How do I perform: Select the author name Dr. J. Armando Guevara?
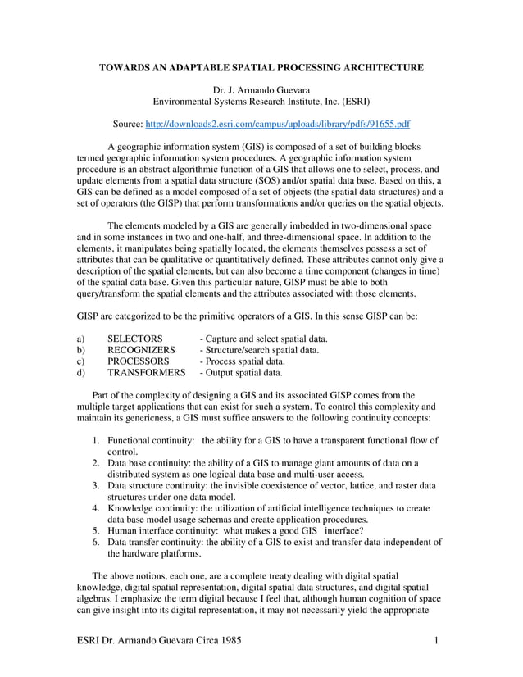[x=261, y=89]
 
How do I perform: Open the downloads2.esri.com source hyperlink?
[x=277, y=124]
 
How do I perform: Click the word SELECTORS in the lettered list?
[x=134, y=338]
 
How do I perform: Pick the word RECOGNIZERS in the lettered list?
[x=141, y=350]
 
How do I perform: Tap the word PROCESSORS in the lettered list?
[x=139, y=361]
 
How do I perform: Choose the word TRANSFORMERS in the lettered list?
[x=147, y=372]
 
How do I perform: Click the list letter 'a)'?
[x=81, y=338]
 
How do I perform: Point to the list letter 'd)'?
[x=81, y=372]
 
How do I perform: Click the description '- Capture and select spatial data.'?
[x=264, y=338]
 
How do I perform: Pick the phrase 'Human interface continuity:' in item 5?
[x=166, y=530]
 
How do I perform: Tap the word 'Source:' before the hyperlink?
[x=126, y=124]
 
